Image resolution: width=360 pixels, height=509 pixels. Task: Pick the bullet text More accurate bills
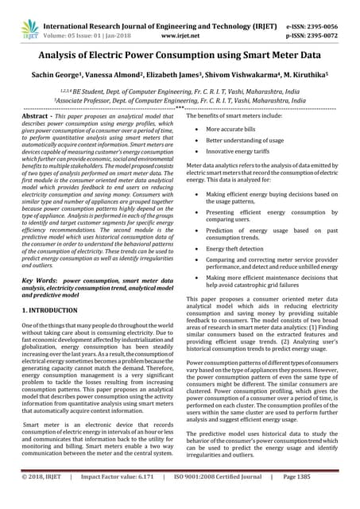[x=235, y=129]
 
